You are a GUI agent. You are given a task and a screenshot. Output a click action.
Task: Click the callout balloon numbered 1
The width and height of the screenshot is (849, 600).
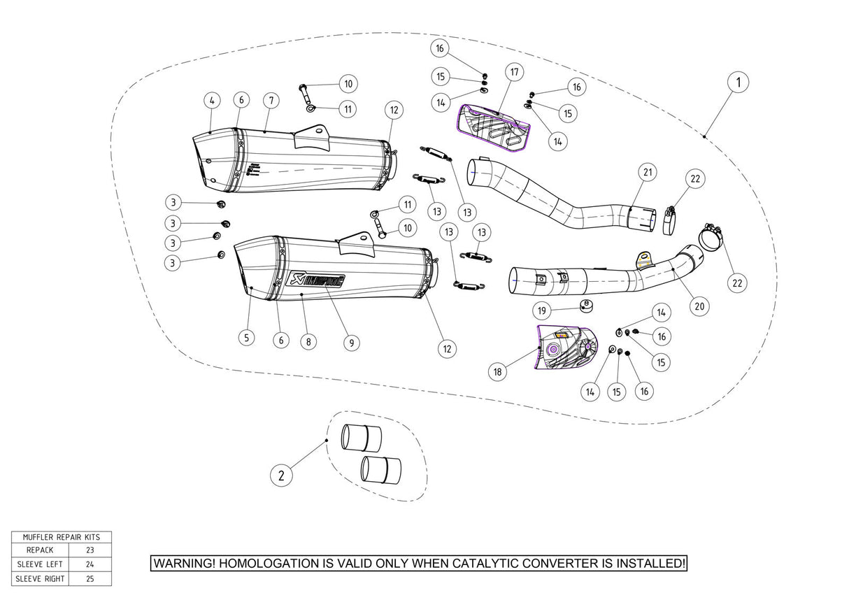(x=737, y=83)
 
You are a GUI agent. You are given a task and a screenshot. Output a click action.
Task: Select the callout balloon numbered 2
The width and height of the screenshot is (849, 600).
(x=281, y=476)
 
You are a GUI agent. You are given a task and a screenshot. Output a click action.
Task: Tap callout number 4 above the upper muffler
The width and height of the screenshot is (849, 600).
(x=211, y=100)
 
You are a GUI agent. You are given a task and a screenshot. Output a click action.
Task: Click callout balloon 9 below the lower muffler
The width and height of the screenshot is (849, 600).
(x=352, y=343)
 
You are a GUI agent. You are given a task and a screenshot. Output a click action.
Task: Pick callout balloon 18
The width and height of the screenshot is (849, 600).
(x=497, y=372)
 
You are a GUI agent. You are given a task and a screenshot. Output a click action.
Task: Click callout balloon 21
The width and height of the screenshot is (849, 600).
(x=648, y=172)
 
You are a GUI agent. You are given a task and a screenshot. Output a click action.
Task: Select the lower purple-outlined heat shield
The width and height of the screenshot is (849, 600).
(x=565, y=348)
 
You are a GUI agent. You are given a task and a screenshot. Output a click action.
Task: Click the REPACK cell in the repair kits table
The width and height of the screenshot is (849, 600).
(x=40, y=550)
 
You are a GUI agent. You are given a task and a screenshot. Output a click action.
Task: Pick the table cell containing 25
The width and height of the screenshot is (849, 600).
(x=90, y=578)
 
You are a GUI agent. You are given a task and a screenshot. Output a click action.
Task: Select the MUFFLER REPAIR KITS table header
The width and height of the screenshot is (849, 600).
(x=62, y=537)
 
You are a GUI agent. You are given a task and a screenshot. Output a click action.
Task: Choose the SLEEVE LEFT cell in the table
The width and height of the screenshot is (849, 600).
(x=40, y=564)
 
